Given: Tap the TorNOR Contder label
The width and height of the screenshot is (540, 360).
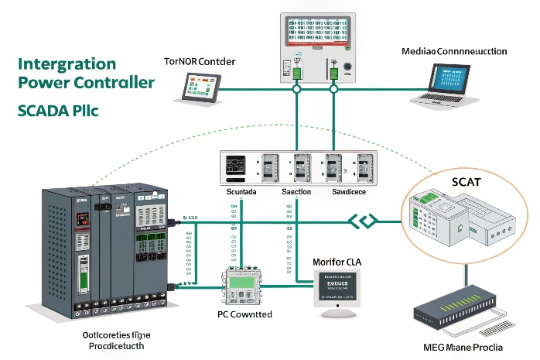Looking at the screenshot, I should [x=200, y=61].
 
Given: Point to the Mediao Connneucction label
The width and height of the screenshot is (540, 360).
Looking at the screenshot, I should [x=454, y=51].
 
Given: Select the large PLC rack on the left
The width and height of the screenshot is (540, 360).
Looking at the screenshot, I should [x=108, y=252].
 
